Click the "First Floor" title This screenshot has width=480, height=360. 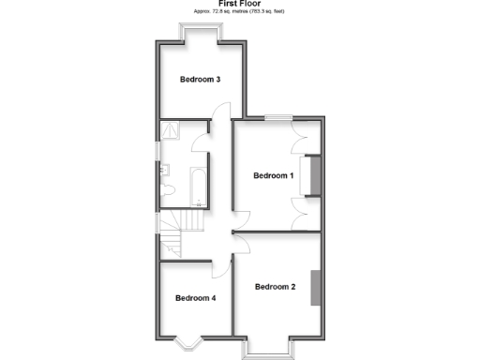coord(240,4)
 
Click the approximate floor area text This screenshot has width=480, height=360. coord(239,11)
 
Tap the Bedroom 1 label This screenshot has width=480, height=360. coord(274,175)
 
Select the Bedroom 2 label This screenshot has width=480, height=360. coord(275,287)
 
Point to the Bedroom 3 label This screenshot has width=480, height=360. coord(200,80)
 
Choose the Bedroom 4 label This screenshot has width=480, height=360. coord(195,298)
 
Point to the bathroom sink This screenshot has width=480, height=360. coord(164,169)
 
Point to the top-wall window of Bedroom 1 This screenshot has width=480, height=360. coord(277,117)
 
